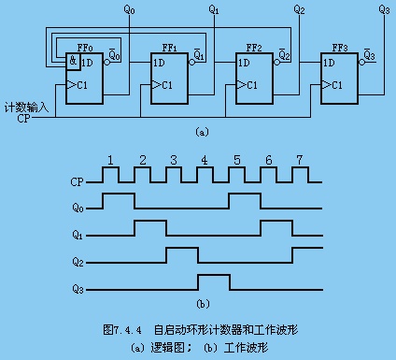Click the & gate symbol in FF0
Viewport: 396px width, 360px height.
73,60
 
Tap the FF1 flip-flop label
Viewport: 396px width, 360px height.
169,48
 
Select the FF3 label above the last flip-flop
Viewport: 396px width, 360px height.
340,48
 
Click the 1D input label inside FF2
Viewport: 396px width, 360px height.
244,63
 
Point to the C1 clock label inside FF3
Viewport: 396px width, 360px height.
337,85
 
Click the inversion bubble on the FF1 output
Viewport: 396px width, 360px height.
192,63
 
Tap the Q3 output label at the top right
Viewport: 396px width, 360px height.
384,10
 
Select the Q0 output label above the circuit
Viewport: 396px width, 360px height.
129,10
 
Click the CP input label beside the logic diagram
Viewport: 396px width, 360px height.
23,119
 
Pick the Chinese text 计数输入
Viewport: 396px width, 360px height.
26,108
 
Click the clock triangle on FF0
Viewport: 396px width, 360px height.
71,84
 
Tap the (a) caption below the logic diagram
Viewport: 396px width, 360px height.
202,132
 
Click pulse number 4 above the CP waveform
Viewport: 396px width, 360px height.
205,160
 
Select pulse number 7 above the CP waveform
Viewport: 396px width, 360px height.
300,160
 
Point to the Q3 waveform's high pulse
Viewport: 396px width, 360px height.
214,275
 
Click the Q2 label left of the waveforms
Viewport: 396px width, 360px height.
78,262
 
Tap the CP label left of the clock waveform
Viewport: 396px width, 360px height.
77,182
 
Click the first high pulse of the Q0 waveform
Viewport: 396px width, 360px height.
119,194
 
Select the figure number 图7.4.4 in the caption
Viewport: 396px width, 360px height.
122,329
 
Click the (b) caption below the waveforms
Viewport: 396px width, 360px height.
203,304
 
